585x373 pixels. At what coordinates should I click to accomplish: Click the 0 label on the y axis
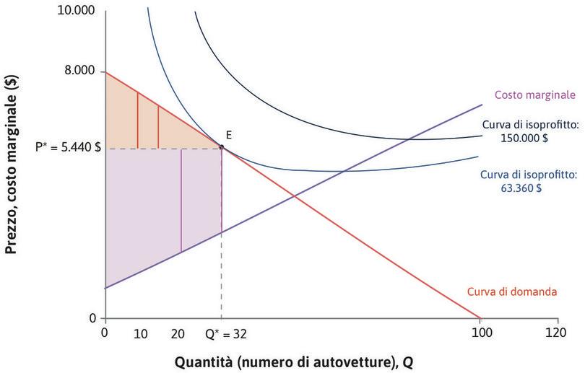92,317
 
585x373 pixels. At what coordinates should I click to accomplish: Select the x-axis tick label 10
142,334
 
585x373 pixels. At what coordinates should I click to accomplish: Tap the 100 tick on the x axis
480,334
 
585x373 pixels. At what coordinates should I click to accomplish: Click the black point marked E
221,148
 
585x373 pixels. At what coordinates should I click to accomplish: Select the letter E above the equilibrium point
228,135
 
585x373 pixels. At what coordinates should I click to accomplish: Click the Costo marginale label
534,95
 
